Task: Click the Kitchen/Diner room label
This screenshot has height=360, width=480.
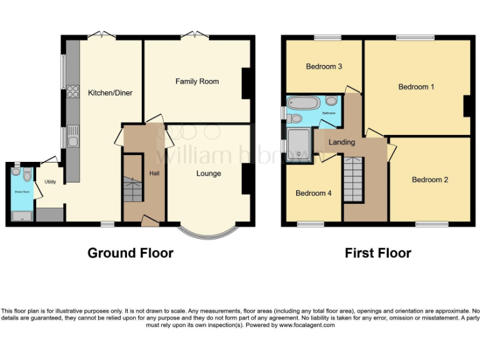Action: click(x=109, y=92)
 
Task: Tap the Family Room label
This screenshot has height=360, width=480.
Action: click(x=197, y=81)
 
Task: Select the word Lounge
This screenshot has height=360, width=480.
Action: click(x=208, y=173)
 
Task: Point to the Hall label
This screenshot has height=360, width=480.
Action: click(x=154, y=173)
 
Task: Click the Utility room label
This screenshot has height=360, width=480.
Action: click(x=50, y=182)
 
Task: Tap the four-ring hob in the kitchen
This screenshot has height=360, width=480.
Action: click(x=72, y=92)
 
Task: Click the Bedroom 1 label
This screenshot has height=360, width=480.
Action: click(x=416, y=87)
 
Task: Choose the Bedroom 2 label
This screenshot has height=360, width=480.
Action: click(x=429, y=180)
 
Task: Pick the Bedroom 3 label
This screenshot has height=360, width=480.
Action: click(x=324, y=66)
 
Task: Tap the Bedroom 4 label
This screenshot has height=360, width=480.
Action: click(x=313, y=193)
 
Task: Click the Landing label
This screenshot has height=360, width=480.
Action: click(x=341, y=142)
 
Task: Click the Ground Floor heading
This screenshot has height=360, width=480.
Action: click(x=130, y=253)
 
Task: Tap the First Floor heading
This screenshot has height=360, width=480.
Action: click(x=377, y=253)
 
